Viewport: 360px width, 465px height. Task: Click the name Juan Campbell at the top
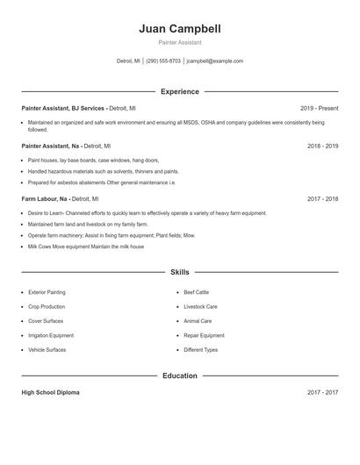coord(180,29)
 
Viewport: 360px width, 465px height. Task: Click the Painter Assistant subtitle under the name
coord(180,42)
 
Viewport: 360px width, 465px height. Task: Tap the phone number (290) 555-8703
coord(163,61)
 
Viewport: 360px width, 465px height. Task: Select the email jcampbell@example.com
coord(215,61)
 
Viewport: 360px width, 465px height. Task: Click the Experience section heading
coord(180,91)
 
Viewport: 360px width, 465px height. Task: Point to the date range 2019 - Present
coord(319,107)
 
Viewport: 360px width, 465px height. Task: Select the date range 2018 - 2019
coord(323,146)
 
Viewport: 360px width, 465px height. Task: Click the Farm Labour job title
coord(43,199)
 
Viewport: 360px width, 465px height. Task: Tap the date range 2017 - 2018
coord(323,199)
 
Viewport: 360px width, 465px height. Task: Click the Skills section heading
coord(180,272)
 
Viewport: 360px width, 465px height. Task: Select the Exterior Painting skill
coord(47,292)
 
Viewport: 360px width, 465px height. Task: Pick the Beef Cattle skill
coord(197,292)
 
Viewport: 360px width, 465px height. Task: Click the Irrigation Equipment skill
coord(51,335)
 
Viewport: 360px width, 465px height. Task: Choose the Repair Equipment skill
coord(204,335)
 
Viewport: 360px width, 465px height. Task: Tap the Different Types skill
coord(201,349)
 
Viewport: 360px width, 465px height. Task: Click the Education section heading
coord(180,376)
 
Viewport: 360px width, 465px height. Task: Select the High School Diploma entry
coord(50,392)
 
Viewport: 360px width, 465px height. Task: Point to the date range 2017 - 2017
coord(323,392)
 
